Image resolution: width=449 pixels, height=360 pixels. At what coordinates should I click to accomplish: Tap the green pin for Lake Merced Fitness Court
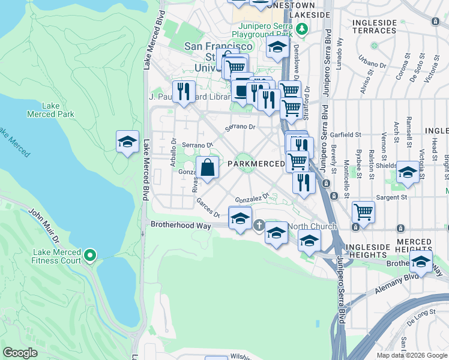point(90,256)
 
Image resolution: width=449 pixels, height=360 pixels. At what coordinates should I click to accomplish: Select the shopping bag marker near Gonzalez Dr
point(207,169)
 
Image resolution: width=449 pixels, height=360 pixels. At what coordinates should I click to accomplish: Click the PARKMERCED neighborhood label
point(256,164)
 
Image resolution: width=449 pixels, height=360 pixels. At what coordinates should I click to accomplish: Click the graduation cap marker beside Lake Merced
point(127,142)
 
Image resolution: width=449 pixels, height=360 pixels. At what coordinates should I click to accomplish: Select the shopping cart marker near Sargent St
point(363,212)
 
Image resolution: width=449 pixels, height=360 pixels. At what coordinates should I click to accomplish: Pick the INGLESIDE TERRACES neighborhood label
point(375,26)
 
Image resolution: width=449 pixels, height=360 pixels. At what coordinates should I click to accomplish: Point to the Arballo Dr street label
point(173,148)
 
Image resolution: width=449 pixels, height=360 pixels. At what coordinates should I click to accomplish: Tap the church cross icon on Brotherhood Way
point(259,226)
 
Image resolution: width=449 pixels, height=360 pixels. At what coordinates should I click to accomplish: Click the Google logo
point(20,353)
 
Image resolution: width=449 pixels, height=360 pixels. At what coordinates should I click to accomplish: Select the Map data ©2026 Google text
point(412,355)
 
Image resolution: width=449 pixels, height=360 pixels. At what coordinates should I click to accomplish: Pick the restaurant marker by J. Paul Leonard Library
point(184,92)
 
